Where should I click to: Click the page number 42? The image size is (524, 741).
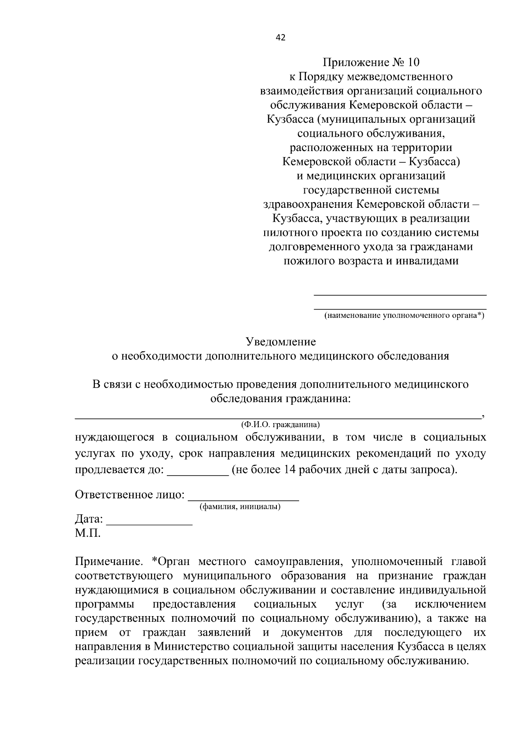pos(280,38)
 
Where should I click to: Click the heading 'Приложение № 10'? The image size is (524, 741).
pos(371,62)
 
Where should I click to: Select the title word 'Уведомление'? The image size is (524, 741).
pos(280,341)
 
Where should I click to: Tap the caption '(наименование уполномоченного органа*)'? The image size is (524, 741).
pos(404,315)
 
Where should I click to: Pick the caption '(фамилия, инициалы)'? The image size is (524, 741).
pos(240,507)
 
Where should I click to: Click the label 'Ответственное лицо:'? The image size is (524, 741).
pos(130,495)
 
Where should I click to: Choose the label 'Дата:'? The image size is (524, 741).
pos(89,520)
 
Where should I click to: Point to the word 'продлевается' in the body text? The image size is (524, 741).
pos(118,470)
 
